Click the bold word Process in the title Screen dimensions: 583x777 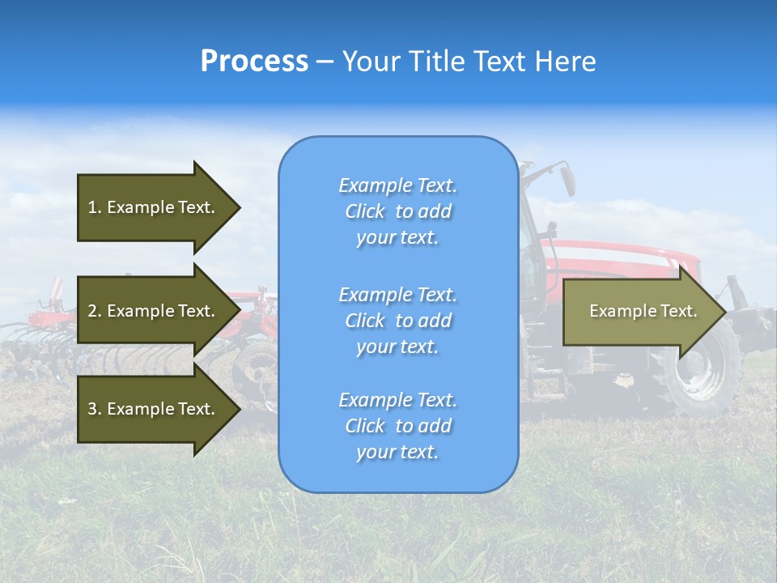click(254, 62)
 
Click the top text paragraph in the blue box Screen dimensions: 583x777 click(397, 211)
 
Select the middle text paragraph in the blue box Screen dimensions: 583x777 click(397, 320)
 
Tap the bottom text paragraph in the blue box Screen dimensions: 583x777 click(397, 426)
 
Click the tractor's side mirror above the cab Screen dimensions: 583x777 click(567, 178)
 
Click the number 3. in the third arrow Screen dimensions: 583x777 click(94, 409)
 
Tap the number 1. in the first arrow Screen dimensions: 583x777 click(94, 207)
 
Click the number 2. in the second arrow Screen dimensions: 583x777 click(94, 311)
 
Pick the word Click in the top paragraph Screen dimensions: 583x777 click(365, 211)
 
